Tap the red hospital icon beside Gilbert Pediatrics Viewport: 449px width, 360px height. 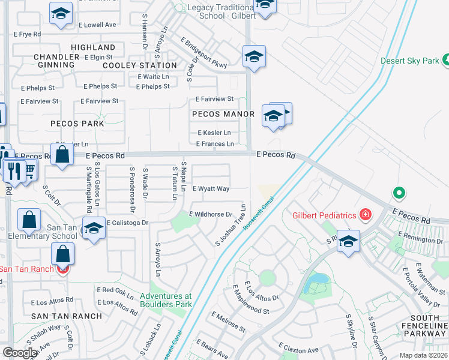pyautogui.click(x=365, y=215)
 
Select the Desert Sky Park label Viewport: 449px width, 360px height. pyautogui.click(x=409, y=61)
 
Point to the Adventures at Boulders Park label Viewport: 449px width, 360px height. pyautogui.click(x=166, y=299)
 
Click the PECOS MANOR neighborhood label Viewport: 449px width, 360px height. pyautogui.click(x=219, y=113)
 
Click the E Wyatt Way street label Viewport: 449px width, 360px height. pyautogui.click(x=211, y=188)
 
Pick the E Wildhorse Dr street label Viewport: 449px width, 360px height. pyautogui.click(x=211, y=214)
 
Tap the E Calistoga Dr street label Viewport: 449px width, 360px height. pyautogui.click(x=127, y=223)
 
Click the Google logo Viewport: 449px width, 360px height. pyautogui.click(x=20, y=353)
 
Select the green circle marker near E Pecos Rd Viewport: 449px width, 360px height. pyautogui.click(x=397, y=193)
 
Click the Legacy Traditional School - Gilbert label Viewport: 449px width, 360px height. pyautogui.click(x=209, y=11)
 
